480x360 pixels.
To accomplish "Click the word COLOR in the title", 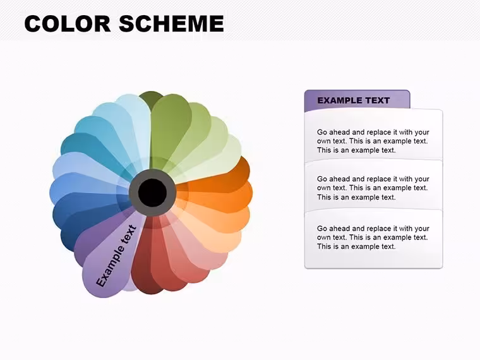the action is click(x=68, y=23).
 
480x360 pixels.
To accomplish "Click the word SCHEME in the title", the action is click(x=171, y=23).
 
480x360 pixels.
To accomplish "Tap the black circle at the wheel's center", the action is click(x=152, y=193).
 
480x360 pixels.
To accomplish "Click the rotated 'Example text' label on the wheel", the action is click(x=116, y=256).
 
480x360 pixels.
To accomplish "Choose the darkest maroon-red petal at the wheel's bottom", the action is click(x=144, y=270).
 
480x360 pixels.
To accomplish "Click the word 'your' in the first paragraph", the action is click(x=422, y=133).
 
